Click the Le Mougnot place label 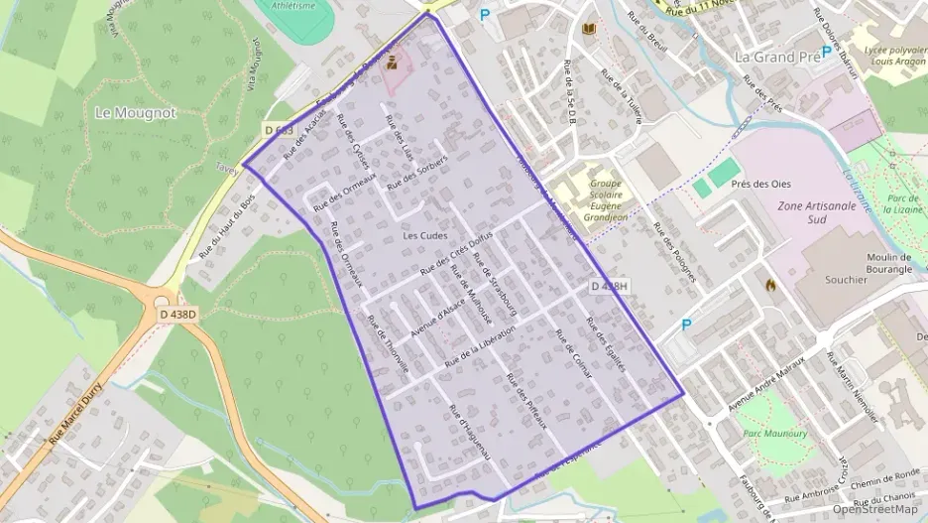136,113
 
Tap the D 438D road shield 177,315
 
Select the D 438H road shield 609,286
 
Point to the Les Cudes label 425,235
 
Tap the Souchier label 846,280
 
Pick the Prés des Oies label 760,184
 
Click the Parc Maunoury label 771,433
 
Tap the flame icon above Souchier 770,284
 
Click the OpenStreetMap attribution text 875,509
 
